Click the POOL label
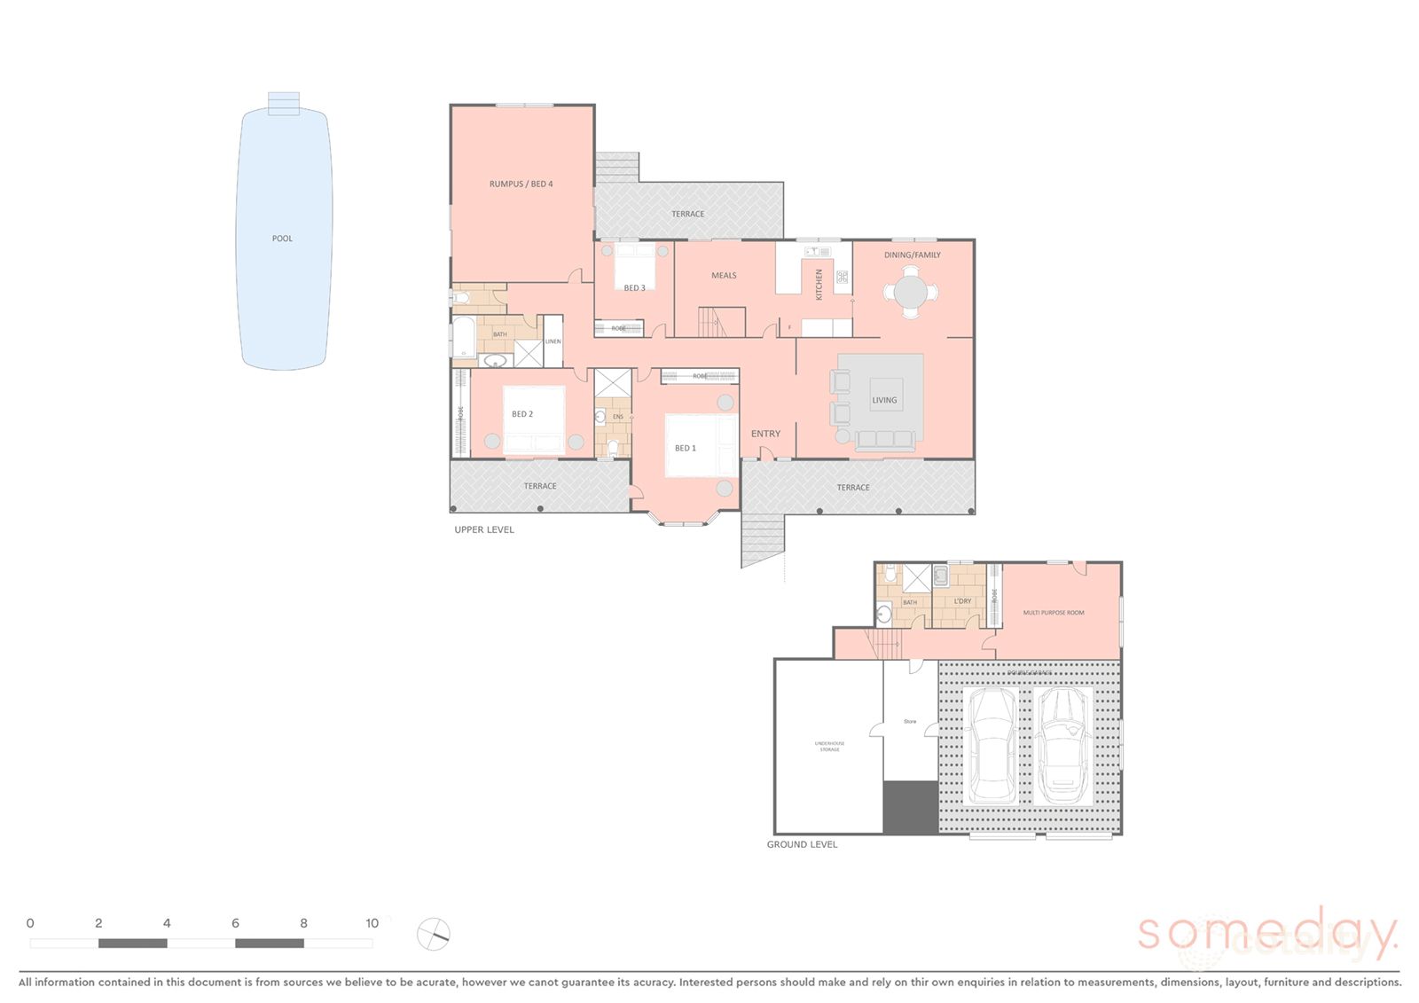[282, 239]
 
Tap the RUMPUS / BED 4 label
[521, 184]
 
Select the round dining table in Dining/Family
[911, 292]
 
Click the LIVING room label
[884, 400]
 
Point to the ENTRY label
[765, 434]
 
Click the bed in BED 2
[534, 421]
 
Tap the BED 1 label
[686, 448]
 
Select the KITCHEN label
[819, 285]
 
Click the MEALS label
[724, 276]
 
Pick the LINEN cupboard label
[553, 341]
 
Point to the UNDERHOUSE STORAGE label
[829, 747]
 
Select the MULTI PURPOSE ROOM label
[1054, 613]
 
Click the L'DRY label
[962, 601]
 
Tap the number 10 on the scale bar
[372, 923]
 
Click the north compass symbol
[434, 934]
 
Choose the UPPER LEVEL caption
[484, 529]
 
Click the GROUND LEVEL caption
[802, 844]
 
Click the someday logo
[1266, 935]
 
